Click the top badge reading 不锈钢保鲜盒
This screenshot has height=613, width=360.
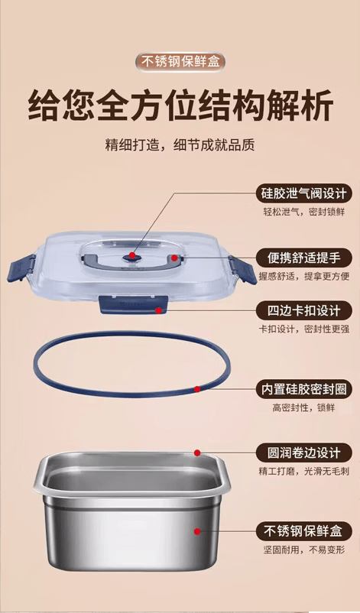(180, 62)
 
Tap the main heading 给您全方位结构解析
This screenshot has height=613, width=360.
(180, 105)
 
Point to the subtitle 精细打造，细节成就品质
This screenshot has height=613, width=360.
(180, 144)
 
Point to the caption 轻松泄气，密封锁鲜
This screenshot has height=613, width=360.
(303, 212)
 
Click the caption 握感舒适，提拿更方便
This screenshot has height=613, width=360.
(303, 277)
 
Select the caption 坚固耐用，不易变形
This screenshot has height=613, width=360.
(303, 550)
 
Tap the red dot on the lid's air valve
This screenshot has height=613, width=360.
(132, 255)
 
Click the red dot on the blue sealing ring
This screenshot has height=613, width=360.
(197, 389)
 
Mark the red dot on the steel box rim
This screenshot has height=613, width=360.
(197, 452)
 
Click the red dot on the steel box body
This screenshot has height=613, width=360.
(197, 531)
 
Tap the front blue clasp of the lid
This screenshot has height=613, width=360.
(133, 304)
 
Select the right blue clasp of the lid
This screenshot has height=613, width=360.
(243, 269)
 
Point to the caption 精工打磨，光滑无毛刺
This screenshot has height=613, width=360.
(303, 472)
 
